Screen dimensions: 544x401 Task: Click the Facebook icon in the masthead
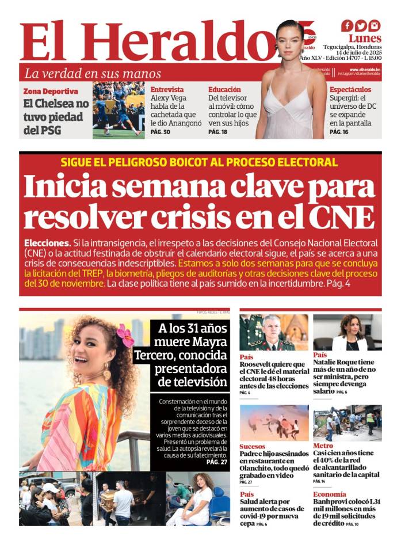tap(347, 26)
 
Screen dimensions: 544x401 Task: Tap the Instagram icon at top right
tap(375, 26)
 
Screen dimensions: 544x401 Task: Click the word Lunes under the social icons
tap(365, 39)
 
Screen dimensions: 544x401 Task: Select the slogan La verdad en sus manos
tap(92, 74)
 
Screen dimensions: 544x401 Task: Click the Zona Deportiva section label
tap(51, 92)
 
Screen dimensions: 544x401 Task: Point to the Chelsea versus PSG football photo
tap(119, 110)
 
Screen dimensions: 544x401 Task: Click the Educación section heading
tap(224, 90)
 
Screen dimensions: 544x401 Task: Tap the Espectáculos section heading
tap(350, 90)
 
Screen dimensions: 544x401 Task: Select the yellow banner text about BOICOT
tap(199, 162)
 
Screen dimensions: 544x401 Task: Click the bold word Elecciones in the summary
tap(48, 243)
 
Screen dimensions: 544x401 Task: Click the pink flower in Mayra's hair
tap(125, 335)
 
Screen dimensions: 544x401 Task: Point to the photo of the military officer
tap(273, 333)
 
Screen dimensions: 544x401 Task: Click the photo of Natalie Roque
tap(347, 333)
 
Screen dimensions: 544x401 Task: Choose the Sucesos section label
tap(253, 446)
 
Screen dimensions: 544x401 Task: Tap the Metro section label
tap(323, 446)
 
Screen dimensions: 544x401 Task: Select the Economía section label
tap(330, 494)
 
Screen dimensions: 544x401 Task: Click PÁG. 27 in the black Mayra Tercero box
tap(216, 462)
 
